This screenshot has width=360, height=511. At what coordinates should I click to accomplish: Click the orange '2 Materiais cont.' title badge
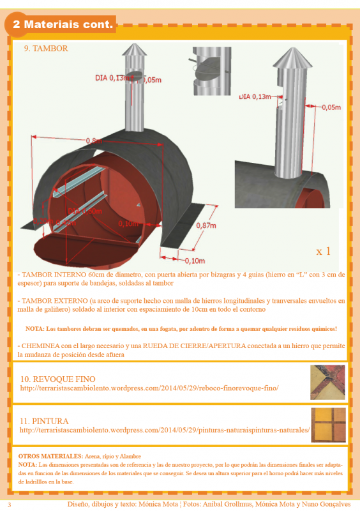coord(62,25)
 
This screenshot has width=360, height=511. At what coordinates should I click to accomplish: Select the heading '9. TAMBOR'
coord(46,49)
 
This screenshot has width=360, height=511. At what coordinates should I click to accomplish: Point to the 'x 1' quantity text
coord(323,250)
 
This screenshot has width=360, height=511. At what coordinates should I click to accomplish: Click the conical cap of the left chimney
coord(135,52)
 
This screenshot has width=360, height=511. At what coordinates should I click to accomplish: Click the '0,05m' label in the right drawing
coord(331,107)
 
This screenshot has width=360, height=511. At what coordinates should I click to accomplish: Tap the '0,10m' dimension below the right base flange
coord(195,261)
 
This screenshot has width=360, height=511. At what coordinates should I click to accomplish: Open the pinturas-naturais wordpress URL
coord(164,431)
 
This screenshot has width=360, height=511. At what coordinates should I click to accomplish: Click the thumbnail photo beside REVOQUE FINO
coord(327,381)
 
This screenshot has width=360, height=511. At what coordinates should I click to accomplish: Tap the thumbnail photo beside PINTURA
coord(327,425)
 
